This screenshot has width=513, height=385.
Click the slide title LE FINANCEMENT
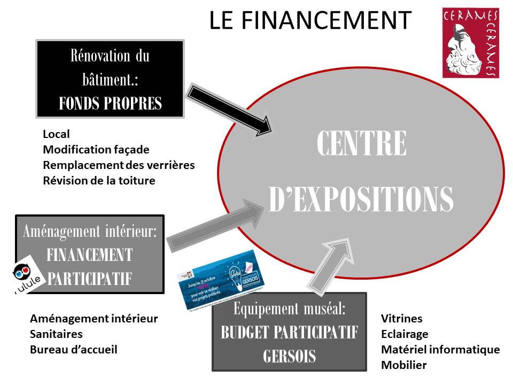[x=310, y=20]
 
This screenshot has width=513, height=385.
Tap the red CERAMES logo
[x=470, y=43]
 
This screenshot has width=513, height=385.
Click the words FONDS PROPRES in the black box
[x=110, y=103]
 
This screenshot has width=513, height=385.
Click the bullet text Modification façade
[x=96, y=150]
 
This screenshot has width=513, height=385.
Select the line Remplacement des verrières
[x=119, y=165]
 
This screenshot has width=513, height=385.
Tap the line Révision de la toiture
[x=99, y=181]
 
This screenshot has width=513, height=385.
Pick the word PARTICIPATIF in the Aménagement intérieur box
[x=90, y=279]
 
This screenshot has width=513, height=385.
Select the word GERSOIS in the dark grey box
[x=289, y=356]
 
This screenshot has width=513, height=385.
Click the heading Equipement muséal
[x=289, y=309]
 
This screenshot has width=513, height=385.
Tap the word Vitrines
[x=401, y=319]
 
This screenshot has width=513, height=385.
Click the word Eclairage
[x=405, y=334]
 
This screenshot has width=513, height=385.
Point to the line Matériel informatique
[x=440, y=350]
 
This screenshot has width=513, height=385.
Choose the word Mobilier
[x=403, y=365]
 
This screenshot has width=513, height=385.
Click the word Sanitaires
[x=56, y=334]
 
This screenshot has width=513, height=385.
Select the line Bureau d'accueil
[x=73, y=350]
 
